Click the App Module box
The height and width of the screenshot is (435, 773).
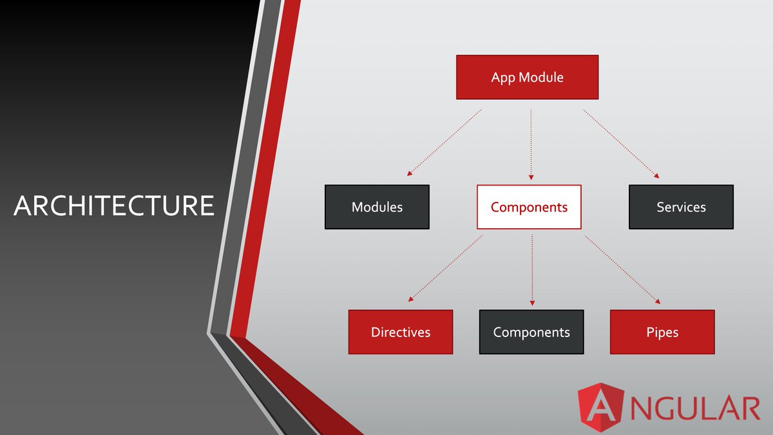[x=527, y=77]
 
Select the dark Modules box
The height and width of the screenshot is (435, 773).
[x=377, y=207]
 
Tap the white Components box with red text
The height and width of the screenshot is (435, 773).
[x=529, y=207]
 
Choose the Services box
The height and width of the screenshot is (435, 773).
[x=681, y=207]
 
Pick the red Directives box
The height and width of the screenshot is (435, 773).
[x=400, y=332]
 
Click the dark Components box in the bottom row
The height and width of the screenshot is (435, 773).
[x=531, y=332]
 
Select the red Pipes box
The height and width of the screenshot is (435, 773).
[x=662, y=332]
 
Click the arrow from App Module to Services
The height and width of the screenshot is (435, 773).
[x=622, y=143]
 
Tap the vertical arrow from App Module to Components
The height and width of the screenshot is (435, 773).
[x=531, y=143]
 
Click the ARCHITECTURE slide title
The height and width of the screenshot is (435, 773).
[x=113, y=206]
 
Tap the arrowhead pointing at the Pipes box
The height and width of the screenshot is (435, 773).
[x=658, y=301]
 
